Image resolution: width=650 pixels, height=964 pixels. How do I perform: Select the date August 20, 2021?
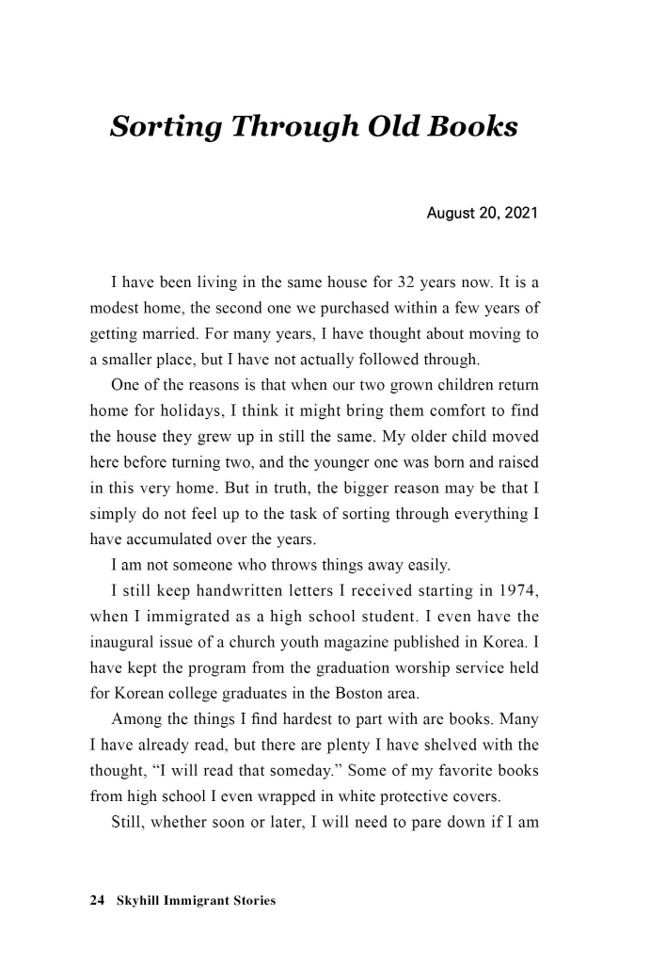point(482,214)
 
